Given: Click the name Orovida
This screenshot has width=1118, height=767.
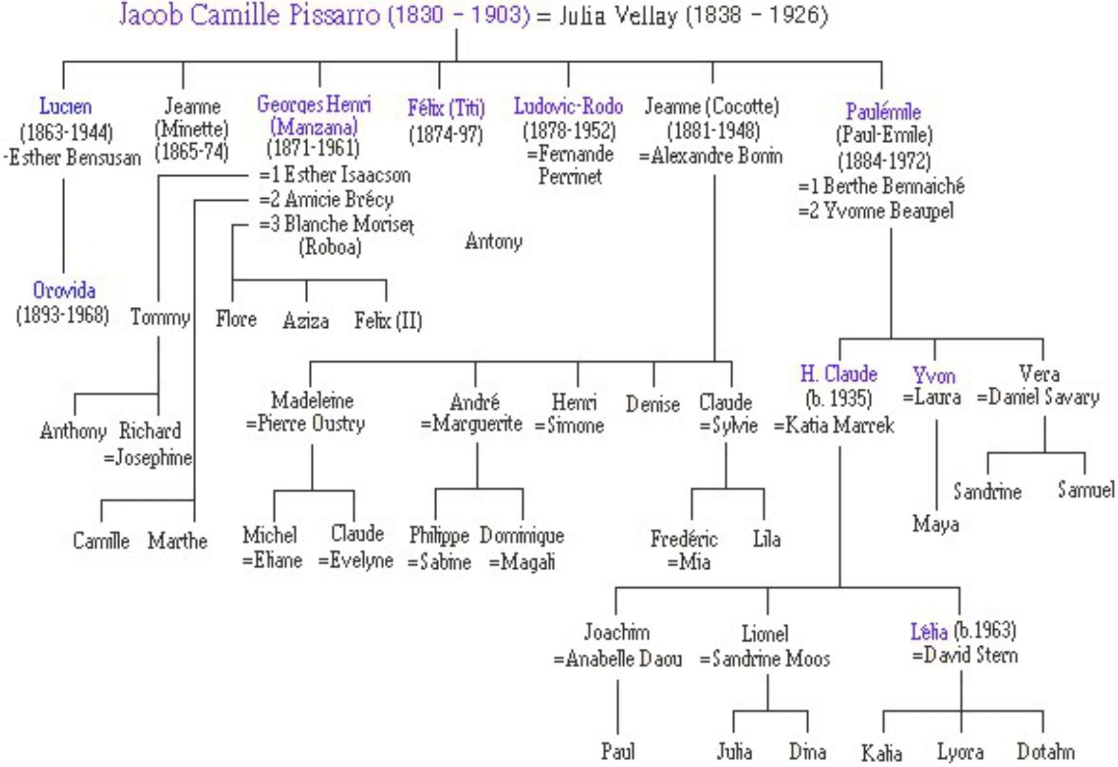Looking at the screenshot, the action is click(x=64, y=290).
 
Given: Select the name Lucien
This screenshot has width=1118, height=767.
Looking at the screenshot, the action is click(x=65, y=106).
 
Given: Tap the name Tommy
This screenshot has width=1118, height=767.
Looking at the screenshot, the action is click(x=160, y=318).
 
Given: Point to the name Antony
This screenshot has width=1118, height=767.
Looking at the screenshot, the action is click(x=493, y=242).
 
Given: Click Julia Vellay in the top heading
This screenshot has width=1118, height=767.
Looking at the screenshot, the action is click(x=618, y=16).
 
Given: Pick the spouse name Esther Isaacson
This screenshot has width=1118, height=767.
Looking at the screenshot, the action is click(x=347, y=174).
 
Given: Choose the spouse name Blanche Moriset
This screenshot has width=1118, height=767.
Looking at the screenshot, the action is click(x=349, y=224).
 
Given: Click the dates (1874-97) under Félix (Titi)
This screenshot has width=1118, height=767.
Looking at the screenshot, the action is click(x=446, y=135).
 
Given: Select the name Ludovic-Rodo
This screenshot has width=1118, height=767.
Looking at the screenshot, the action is click(x=568, y=106).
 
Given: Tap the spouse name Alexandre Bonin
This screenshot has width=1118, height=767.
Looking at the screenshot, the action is click(x=717, y=155).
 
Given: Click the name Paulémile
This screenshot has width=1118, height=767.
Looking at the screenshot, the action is click(x=883, y=111).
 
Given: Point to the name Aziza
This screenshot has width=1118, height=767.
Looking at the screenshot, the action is click(x=306, y=320).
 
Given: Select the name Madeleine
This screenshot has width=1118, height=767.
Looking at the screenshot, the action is click(x=312, y=400).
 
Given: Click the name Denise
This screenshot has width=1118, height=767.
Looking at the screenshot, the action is click(x=653, y=404).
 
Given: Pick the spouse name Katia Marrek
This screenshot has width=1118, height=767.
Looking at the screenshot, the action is click(x=839, y=425).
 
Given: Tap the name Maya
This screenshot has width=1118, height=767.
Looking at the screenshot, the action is click(x=936, y=525).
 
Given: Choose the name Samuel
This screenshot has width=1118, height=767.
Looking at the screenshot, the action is click(x=1086, y=490).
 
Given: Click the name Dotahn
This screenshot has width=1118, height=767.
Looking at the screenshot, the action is click(x=1046, y=751).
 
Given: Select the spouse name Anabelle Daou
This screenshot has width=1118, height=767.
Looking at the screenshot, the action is click(x=624, y=658).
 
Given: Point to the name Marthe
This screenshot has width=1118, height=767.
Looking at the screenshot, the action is click(x=178, y=541).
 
